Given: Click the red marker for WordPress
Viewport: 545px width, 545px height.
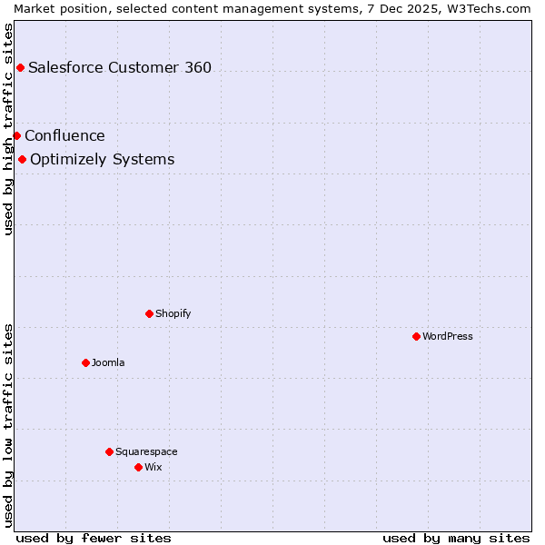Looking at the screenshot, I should [416, 336].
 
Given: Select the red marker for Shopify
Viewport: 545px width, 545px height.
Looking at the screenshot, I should [149, 313].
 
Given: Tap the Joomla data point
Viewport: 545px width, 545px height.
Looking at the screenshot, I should [85, 362].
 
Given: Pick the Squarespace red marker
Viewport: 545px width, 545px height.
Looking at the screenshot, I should [109, 451].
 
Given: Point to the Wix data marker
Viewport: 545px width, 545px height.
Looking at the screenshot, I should [138, 467].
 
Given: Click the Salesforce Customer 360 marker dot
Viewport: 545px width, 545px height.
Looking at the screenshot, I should [20, 67].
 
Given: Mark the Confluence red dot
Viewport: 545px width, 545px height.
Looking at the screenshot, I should [16, 135].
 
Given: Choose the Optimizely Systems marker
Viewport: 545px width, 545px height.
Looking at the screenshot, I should [22, 160].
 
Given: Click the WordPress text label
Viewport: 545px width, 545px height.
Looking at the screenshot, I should [448, 336].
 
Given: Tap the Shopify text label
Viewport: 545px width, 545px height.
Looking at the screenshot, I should [173, 313].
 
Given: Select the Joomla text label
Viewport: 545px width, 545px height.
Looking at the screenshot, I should [108, 362].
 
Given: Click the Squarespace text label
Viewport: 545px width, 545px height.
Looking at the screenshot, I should [146, 451].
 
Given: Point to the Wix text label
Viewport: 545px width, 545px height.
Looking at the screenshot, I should [154, 467].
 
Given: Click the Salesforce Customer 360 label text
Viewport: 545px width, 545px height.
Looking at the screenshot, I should [120, 67].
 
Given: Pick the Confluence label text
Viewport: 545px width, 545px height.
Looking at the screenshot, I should [64, 135].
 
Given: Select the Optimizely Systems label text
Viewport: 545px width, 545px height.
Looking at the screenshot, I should [102, 160].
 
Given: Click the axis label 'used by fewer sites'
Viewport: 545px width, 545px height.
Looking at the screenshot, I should [94, 538].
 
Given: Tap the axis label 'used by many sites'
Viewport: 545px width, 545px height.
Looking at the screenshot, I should [456, 538].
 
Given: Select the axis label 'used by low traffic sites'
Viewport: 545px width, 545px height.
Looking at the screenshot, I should [8, 425].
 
